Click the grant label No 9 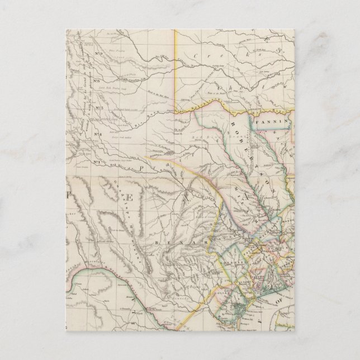(x=102, y=53)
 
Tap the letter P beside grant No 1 (x=143, y=167)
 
